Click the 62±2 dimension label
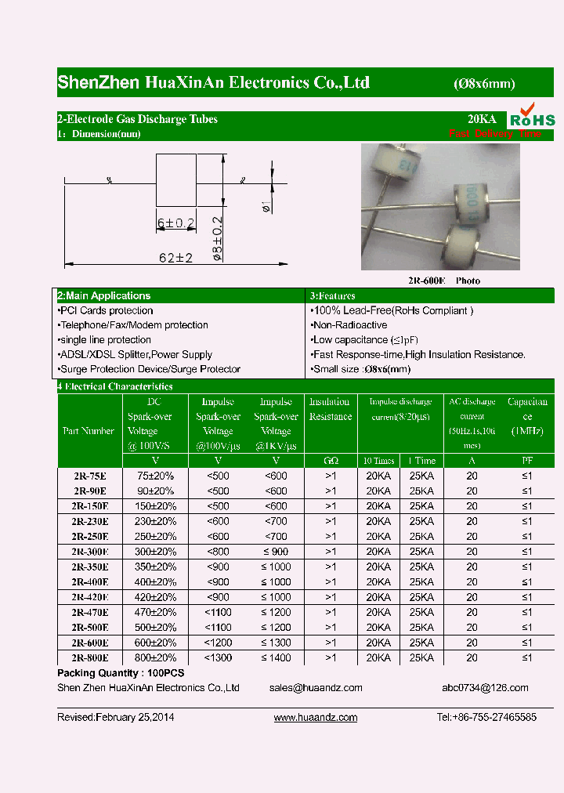click(x=176, y=258)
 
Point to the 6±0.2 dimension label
click(x=175, y=223)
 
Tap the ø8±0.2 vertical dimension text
click(x=219, y=238)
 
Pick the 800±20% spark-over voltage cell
click(x=157, y=658)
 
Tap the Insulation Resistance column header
click(x=330, y=409)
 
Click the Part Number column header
click(x=89, y=431)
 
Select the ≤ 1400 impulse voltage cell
click(x=276, y=658)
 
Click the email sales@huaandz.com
click(x=316, y=688)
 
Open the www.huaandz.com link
click(x=316, y=718)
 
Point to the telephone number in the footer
click(x=486, y=718)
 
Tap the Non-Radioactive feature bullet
click(x=349, y=325)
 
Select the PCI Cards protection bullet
click(x=106, y=311)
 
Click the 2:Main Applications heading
click(x=104, y=296)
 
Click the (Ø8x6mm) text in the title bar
click(x=484, y=85)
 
